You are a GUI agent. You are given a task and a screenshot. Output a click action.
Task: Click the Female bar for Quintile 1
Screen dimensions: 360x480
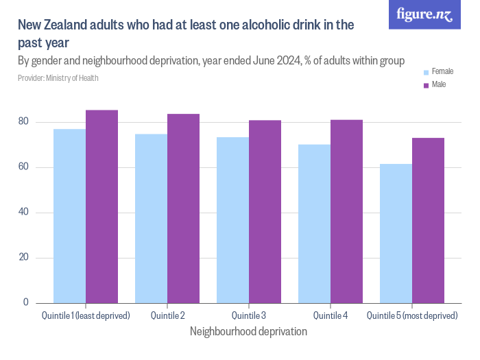69,216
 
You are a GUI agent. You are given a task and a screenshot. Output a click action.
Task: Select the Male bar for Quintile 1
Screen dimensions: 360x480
101,206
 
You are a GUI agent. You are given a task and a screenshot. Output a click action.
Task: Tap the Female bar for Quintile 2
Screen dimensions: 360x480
151,218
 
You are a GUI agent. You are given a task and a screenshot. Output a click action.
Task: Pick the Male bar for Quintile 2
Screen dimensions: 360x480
183,208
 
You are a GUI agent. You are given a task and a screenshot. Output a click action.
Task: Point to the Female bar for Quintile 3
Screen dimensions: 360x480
232,220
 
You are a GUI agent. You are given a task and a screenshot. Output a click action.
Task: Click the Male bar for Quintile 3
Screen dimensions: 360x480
265,211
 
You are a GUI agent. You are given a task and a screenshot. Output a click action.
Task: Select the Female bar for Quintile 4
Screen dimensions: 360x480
314,224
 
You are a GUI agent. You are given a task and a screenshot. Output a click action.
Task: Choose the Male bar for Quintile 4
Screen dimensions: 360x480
346,211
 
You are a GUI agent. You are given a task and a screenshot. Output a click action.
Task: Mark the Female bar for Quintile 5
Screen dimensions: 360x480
396,233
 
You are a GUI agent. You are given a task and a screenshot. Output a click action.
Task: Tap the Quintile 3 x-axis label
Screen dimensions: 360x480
249,315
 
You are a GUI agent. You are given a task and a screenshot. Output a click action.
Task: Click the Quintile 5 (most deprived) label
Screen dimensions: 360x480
412,315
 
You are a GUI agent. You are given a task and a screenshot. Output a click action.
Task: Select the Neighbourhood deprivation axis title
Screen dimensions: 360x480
248,331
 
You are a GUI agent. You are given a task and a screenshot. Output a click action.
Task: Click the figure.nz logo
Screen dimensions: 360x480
424,15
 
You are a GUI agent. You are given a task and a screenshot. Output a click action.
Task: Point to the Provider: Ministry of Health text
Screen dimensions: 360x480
58,78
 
